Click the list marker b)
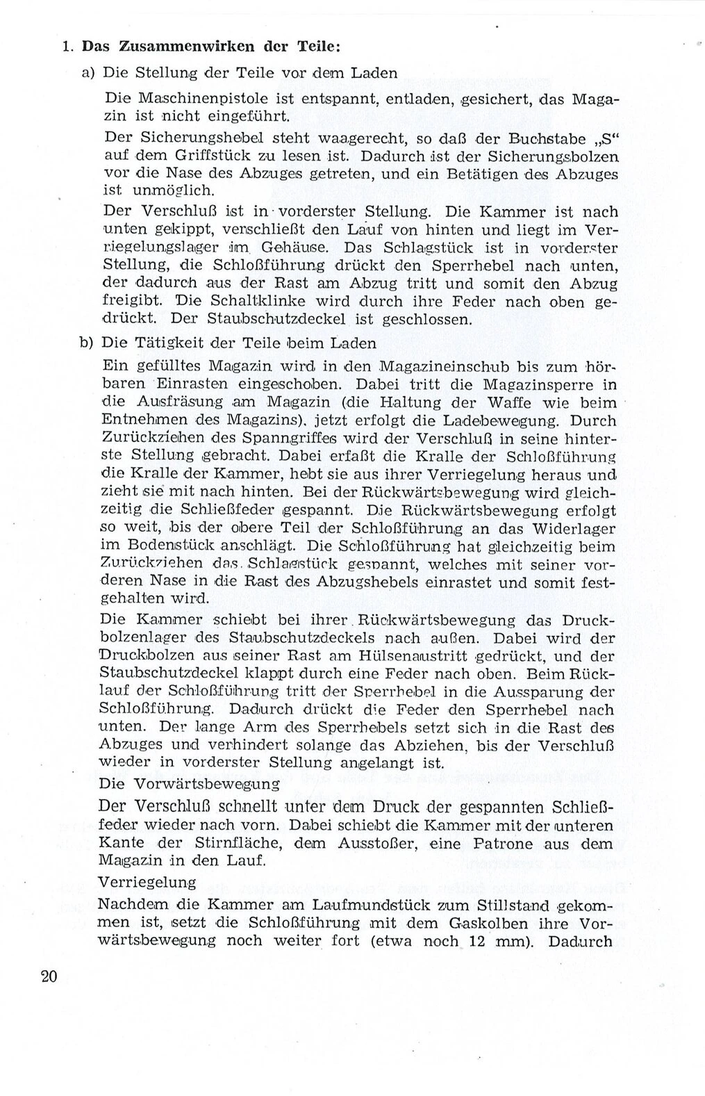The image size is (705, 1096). tap(87, 343)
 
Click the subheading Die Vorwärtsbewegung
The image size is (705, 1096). tap(190, 783)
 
